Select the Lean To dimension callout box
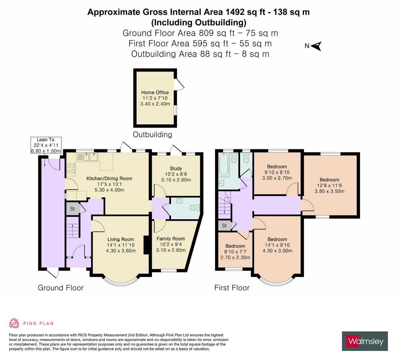tap(46, 145)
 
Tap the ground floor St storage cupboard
tap(72, 209)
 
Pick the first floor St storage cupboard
tap(224, 226)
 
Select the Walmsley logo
tap(365, 341)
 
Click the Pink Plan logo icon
tap(14, 323)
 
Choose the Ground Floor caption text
tap(61, 288)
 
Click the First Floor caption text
tap(232, 288)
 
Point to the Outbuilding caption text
tap(152, 135)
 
